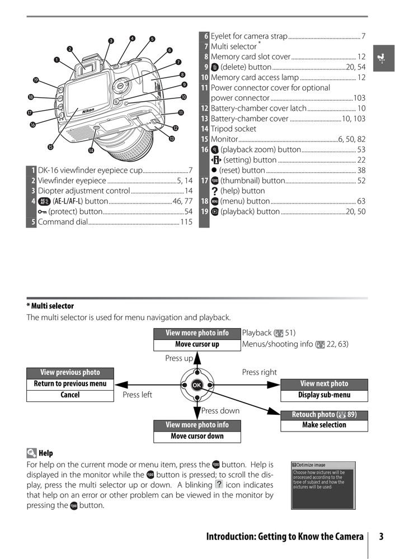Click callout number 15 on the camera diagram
coord(50,147)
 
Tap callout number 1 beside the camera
coord(57,59)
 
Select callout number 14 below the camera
coord(91,150)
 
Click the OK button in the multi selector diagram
coord(197,385)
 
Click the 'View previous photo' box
coord(70,372)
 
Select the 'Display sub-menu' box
coord(324,395)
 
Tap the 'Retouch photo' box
coord(324,415)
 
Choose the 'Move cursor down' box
coord(197,436)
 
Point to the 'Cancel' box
coord(70,395)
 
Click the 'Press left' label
coord(137,395)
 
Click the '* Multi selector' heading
coord(50,306)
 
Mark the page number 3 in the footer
coord(381,537)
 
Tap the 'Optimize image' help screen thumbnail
coord(323,485)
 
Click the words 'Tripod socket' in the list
coord(233,129)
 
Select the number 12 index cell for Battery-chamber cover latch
coord(204,108)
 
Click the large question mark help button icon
coord(214,191)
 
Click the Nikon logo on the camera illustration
coord(88,111)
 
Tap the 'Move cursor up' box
coord(197,344)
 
